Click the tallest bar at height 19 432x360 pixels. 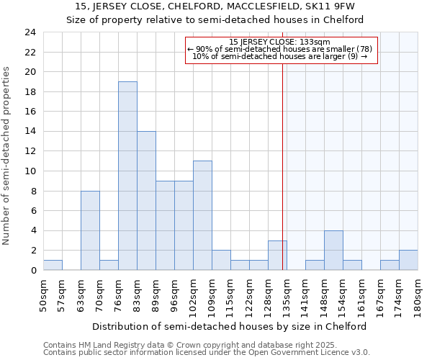pyautogui.click(x=127, y=176)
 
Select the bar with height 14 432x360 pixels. pyautogui.click(x=146, y=200)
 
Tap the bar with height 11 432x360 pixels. pyautogui.click(x=202, y=215)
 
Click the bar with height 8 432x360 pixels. pyautogui.click(x=90, y=230)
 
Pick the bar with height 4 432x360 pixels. pyautogui.click(x=333, y=250)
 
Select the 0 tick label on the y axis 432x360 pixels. pyautogui.click(x=33, y=271)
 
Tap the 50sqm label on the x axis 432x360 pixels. pyautogui.click(x=43, y=292)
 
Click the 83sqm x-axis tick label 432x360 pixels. pyautogui.click(x=137, y=292)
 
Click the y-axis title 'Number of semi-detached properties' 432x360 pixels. pyautogui.click(x=8, y=156)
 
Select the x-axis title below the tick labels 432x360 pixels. pyautogui.click(x=230, y=326)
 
